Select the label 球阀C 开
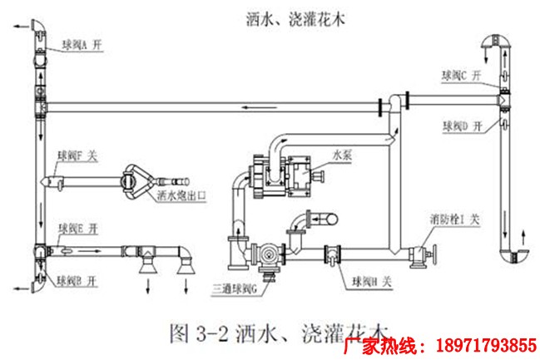click(x=463, y=75)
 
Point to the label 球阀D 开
click(x=463, y=126)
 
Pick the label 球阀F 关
click(x=77, y=155)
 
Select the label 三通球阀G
click(x=236, y=287)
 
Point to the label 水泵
click(x=343, y=155)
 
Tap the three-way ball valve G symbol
click(x=265, y=256)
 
